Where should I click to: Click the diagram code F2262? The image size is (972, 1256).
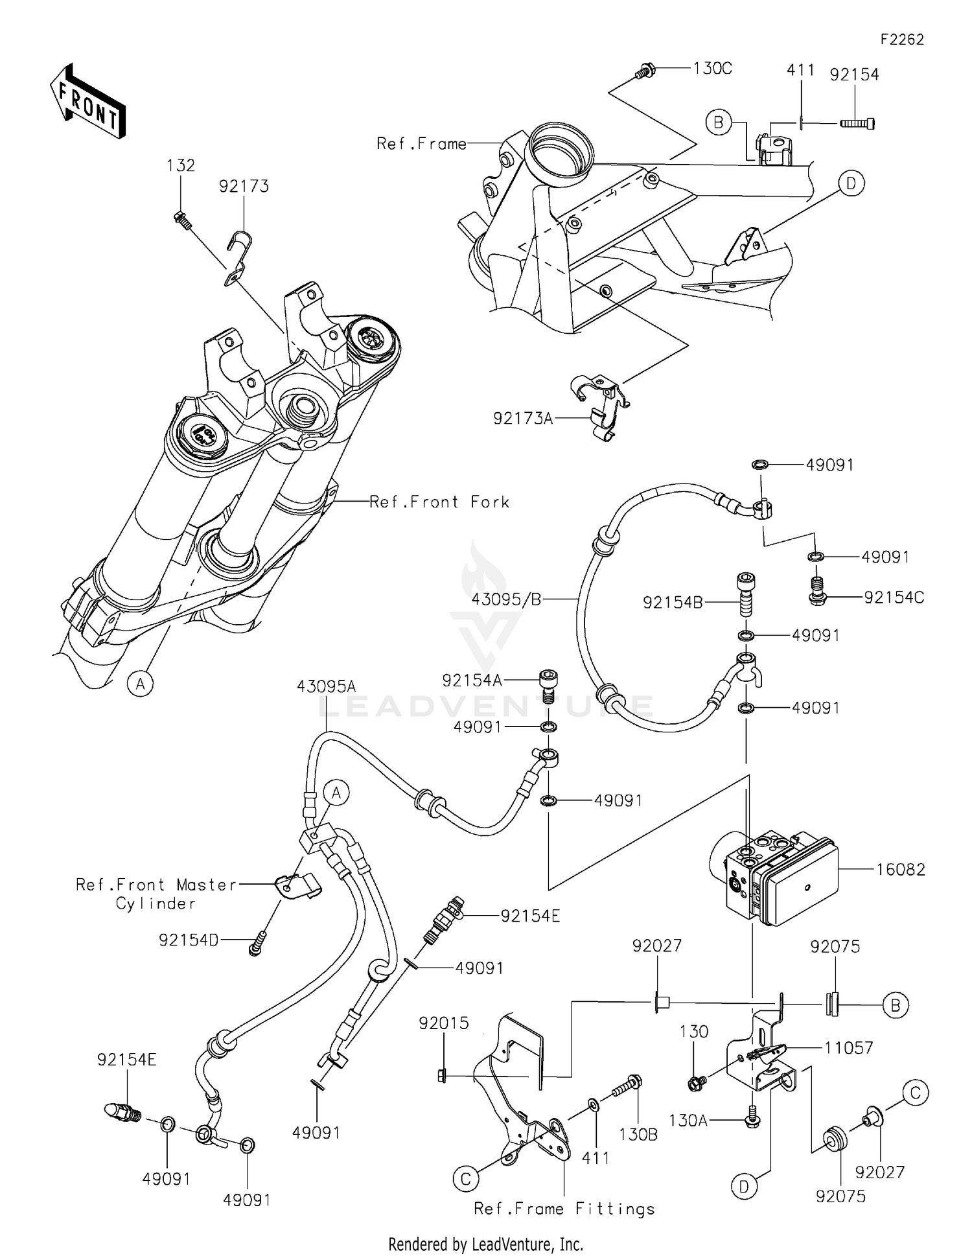(901, 40)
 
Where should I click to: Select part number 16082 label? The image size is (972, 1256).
(900, 870)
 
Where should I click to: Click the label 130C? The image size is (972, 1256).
(712, 69)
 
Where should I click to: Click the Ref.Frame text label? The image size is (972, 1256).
(421, 143)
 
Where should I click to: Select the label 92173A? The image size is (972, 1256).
(523, 419)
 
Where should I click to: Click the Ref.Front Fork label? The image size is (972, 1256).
(439, 502)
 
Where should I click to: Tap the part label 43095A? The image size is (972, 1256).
(327, 686)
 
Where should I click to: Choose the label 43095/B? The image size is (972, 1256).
(506, 599)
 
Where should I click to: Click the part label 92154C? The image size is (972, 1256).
(894, 598)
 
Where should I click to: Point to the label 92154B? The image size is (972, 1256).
(672, 603)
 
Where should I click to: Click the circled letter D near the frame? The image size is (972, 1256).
(851, 184)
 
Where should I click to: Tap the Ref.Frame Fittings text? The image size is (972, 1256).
(564, 1209)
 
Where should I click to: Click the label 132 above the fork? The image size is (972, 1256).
(180, 165)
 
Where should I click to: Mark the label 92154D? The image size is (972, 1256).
(189, 939)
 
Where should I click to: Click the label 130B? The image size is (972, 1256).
(638, 1134)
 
